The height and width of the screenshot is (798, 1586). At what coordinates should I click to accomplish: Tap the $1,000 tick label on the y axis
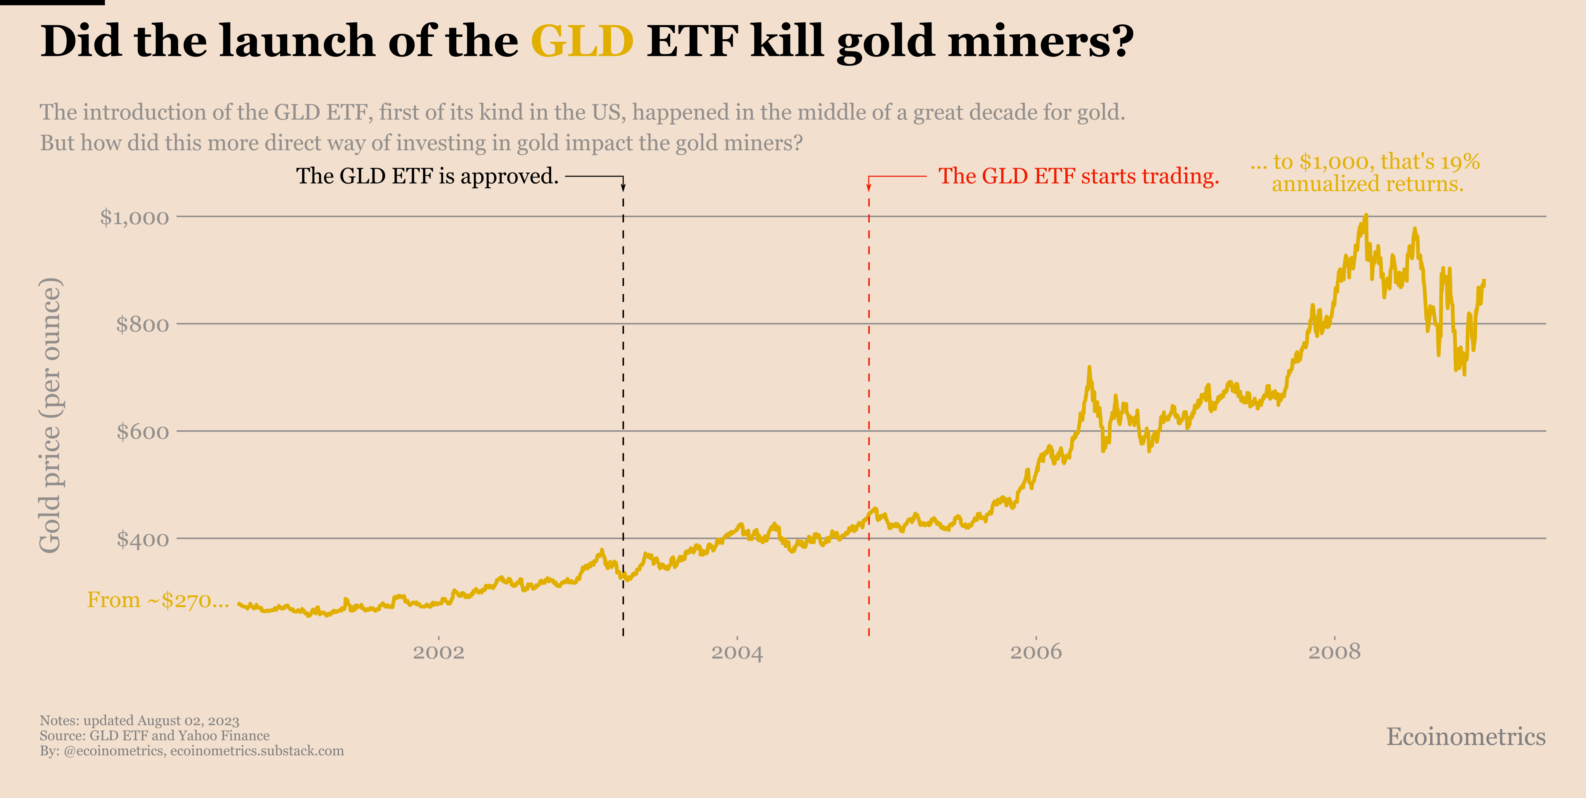point(134,217)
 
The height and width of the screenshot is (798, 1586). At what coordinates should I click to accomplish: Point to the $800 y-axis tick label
point(142,324)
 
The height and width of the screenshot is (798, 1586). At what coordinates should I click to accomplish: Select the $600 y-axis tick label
point(142,432)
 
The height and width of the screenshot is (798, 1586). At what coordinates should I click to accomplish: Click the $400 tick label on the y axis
point(142,540)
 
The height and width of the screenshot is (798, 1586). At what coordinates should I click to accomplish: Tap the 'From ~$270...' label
point(158,600)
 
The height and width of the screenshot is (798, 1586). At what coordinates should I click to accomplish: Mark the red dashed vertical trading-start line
point(869,400)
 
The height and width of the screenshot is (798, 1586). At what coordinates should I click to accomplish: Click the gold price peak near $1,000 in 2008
point(1365,217)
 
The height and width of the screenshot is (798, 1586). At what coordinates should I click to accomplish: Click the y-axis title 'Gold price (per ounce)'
point(51,416)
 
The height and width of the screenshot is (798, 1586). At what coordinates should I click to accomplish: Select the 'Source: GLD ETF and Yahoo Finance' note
point(155,736)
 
